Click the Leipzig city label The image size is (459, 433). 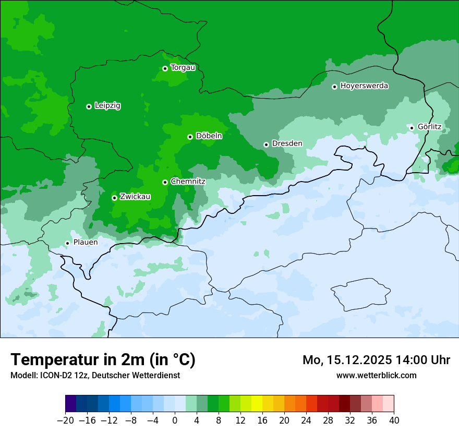pos(107,106)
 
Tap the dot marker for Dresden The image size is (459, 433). pos(266,145)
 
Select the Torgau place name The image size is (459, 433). pos(183,68)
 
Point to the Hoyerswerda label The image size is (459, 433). pos(364,86)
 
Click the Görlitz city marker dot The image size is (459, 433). pos(412,127)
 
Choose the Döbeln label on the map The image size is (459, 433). pos(209,136)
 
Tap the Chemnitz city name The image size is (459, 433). pos(188,182)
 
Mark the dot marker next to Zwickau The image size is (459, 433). pos(114,198)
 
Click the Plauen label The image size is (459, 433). pos(86,242)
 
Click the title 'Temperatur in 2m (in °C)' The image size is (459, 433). pos(103,360)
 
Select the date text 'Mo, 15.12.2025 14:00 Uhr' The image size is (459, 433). pos(376,360)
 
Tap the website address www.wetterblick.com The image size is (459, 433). pos(376,375)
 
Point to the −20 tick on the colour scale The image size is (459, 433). pos(65,420)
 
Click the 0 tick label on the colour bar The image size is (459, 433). pos(175,420)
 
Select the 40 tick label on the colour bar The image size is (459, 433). pos(394,420)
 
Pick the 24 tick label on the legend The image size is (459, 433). pos(306,420)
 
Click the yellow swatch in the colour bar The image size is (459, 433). pos(257,404)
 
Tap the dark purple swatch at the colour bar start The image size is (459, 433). pos(70,404)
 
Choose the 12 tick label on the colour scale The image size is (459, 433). pos(240,420)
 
